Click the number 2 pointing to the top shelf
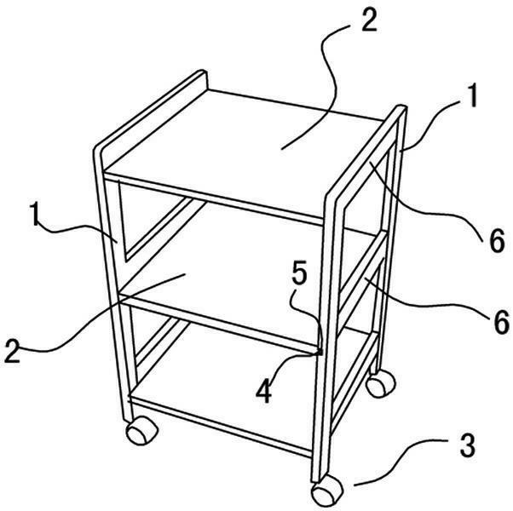[x=369, y=21]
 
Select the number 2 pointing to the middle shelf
[x=13, y=352]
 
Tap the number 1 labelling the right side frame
[x=472, y=95]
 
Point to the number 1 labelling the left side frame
[x=35, y=214]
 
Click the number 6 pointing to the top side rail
[x=497, y=241]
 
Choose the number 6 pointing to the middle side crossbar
[x=501, y=322]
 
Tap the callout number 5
[x=299, y=273]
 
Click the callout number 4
[x=263, y=392]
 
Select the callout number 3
[x=467, y=446]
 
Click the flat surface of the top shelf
[x=242, y=151]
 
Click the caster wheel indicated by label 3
[x=327, y=491]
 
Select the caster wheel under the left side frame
[x=141, y=430]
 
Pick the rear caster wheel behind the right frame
[x=381, y=383]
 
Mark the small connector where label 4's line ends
[x=320, y=352]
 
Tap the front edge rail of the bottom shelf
[x=220, y=425]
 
